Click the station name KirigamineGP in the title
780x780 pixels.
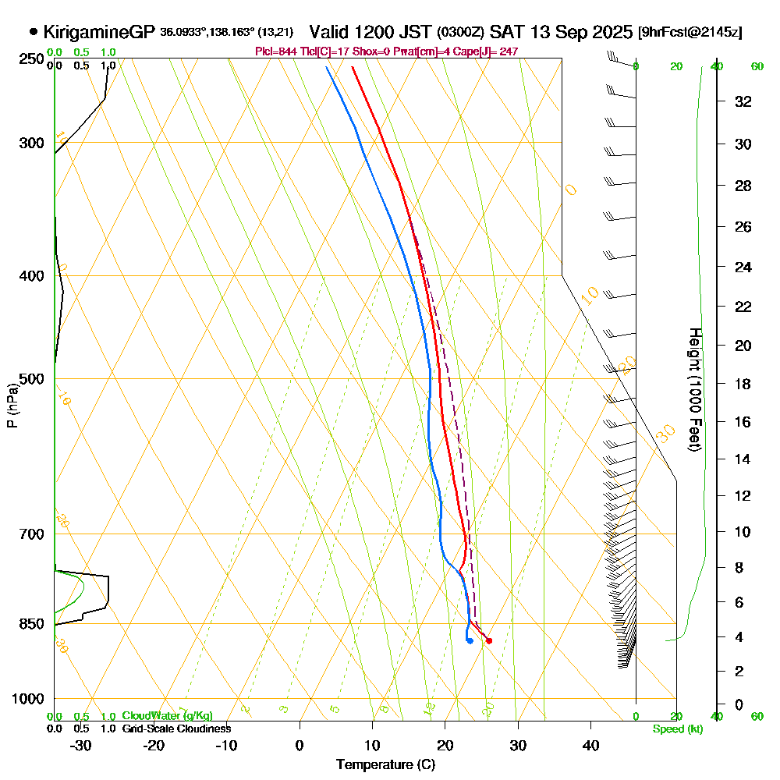tap(100, 32)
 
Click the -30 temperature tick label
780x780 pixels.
tap(81, 745)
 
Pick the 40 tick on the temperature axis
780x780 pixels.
tap(590, 745)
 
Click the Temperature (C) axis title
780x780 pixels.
tap(385, 765)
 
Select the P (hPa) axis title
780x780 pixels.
tap(12, 406)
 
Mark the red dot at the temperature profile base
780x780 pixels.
tap(489, 641)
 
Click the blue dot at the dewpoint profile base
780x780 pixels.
tap(470, 641)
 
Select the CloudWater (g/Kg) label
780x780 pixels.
tap(167, 716)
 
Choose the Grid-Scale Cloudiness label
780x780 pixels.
tap(175, 729)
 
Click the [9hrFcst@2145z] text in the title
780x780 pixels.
tap(690, 33)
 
